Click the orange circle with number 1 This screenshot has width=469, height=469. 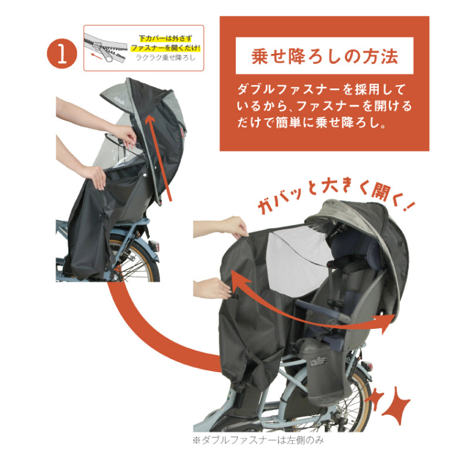[x=63, y=53]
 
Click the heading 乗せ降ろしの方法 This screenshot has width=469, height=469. [x=324, y=57]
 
